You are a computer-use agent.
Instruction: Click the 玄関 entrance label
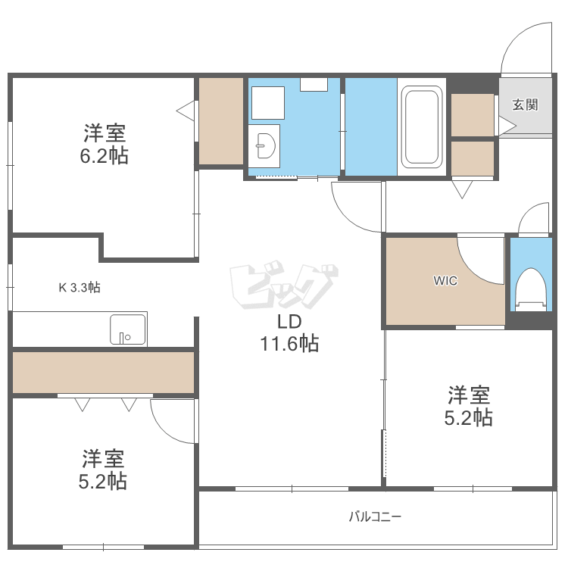click(525, 105)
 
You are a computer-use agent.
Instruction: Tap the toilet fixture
click(529, 290)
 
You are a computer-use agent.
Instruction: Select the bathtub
click(422, 127)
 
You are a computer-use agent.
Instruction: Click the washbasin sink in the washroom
click(264, 142)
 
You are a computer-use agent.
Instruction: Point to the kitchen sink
click(127, 329)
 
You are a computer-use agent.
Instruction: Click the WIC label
click(445, 280)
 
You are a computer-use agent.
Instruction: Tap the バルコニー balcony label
click(375, 517)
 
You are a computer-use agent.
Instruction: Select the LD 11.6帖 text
click(289, 333)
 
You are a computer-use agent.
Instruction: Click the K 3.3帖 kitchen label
click(80, 287)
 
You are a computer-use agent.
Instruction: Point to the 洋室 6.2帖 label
click(105, 145)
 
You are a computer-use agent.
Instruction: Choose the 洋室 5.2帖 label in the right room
click(469, 406)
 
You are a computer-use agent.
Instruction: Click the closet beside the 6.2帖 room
click(220, 120)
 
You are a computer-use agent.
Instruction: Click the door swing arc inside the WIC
click(482, 261)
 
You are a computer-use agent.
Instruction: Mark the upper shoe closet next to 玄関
click(473, 114)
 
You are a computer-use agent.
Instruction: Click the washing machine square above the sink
click(267, 102)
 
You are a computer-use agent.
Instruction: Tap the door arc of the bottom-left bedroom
click(172, 423)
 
